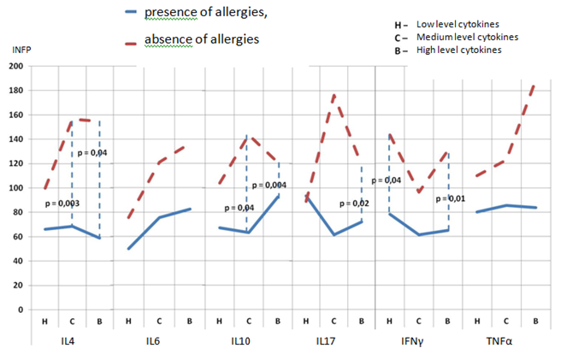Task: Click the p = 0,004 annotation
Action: coord(271,186)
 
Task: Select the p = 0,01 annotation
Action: coord(450,198)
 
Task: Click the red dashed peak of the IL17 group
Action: coord(334,94)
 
